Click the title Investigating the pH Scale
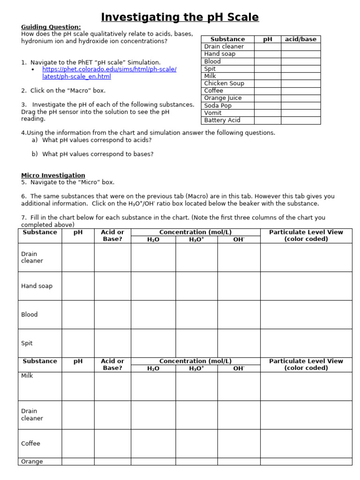coord(180,17)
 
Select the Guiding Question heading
coord(51,27)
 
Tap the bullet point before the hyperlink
coord(33,69)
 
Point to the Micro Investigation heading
coord(53,175)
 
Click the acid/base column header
coord(300,39)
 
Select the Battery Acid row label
coord(222,120)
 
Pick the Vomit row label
coord(213,113)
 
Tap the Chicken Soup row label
coord(224,83)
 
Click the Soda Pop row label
coord(218,105)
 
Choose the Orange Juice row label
coord(223,98)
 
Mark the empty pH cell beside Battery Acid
coord(268,120)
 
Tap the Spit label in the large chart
coord(27,343)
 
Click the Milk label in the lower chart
coord(27,376)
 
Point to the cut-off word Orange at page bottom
coord(32,462)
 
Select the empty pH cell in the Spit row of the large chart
coord(78,343)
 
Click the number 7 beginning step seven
coord(23,217)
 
